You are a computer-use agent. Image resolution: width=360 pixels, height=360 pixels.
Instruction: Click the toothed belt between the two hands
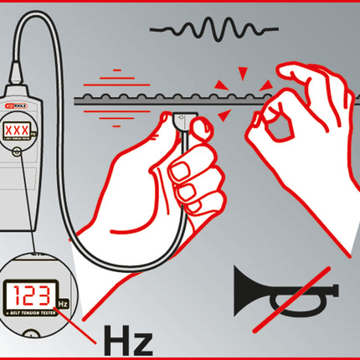click(226, 100)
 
